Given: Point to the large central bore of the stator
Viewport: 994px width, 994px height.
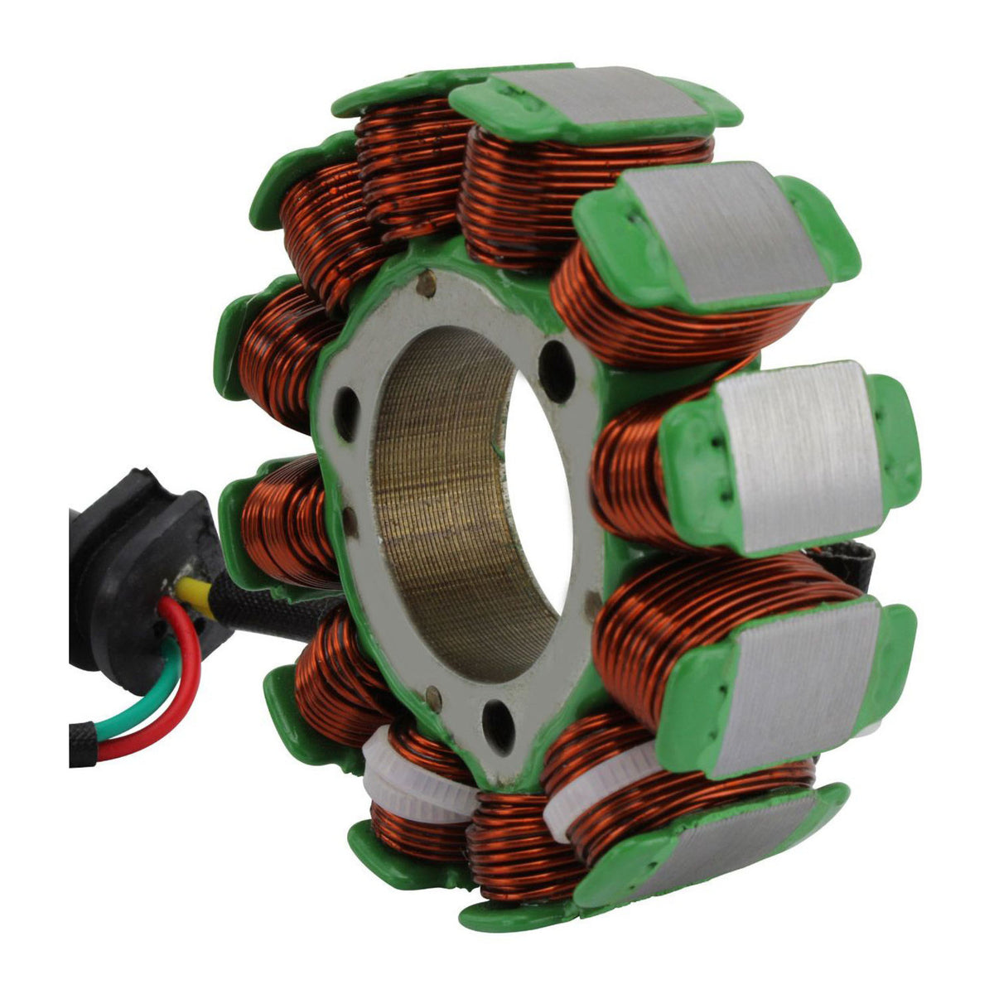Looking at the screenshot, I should [x=464, y=497].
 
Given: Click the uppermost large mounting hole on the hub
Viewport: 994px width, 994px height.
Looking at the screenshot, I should [x=557, y=361].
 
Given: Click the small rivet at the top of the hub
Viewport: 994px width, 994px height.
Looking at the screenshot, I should [x=427, y=284].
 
